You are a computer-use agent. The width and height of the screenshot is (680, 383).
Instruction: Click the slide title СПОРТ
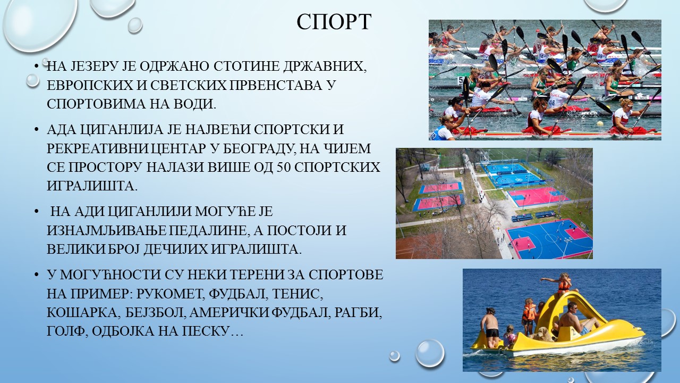click(334, 22)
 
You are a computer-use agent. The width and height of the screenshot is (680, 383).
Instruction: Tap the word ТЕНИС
click(297, 294)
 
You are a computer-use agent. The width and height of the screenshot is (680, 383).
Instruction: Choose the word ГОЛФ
click(65, 331)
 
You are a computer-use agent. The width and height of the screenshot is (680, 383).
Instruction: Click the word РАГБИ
click(358, 312)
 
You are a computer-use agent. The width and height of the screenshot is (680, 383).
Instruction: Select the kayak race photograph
click(545, 80)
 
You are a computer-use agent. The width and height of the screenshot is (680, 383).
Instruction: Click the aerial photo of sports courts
click(494, 203)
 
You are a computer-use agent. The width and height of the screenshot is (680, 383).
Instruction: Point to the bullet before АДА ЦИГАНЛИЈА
click(37, 130)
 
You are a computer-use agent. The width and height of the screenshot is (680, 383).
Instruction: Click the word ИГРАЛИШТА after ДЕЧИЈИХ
click(256, 249)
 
